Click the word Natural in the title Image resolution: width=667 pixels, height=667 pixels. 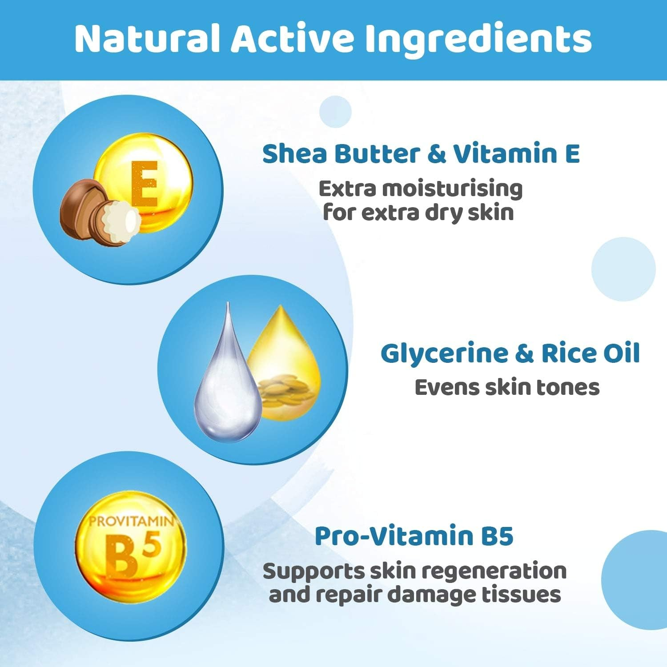coord(147,39)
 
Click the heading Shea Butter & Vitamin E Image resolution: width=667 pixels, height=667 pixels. coord(421,154)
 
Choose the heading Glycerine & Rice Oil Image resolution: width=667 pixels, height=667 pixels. coord(510,354)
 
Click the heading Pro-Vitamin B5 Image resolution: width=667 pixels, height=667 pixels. coord(414,536)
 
